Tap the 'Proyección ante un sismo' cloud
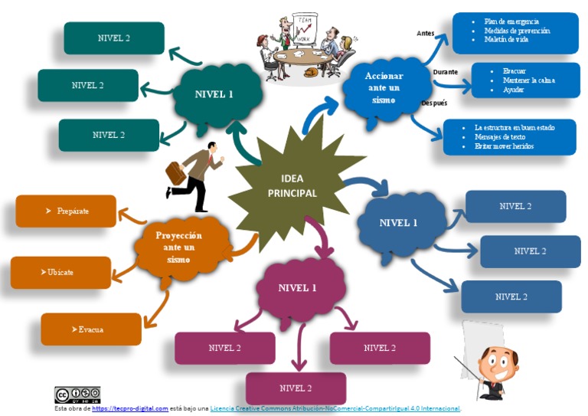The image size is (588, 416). pos(178,247)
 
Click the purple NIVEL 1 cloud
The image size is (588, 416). pos(297,288)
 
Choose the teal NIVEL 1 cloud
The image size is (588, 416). pos(214,95)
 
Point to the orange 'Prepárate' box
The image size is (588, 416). pos(67,211)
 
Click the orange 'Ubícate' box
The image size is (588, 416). pos(60,272)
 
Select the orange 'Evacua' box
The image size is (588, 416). pos(90,329)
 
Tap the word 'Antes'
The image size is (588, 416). pos(425,34)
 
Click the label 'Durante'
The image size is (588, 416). pos(445,72)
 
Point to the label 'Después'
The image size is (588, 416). pos(434,103)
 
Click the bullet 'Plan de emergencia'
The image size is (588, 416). pos(511,21)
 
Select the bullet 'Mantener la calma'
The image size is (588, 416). pos(528,80)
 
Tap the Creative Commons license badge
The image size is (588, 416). pos(77,395)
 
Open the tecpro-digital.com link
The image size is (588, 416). pos(129,409)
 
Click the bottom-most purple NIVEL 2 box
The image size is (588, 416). pos(296,388)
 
